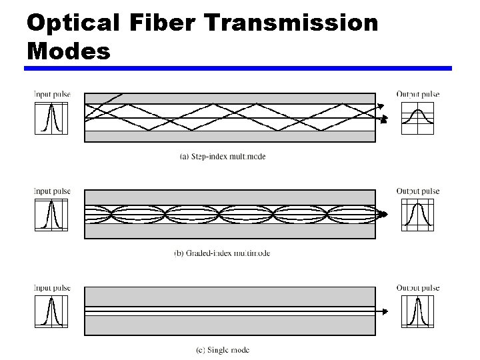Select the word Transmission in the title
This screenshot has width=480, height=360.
(x=294, y=23)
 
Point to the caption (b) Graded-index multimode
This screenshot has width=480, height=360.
(x=222, y=253)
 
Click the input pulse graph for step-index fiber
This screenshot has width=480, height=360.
(x=51, y=117)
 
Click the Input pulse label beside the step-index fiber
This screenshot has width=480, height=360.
(x=52, y=94)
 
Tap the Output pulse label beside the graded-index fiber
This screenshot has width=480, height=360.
(x=418, y=191)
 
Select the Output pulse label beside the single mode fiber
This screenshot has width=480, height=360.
(x=418, y=288)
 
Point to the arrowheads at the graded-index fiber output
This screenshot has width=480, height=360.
(x=383, y=215)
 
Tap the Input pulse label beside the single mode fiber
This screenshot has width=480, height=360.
(x=52, y=288)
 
